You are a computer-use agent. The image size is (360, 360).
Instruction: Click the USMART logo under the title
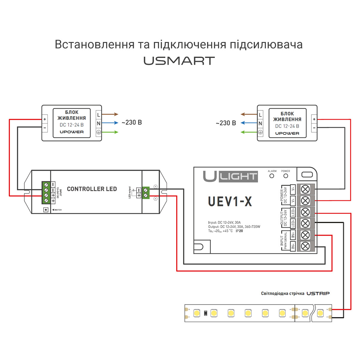tap(179, 61)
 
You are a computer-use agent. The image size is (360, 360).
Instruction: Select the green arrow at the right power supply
tap(249, 132)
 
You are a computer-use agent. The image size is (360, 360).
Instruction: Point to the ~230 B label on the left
tap(132, 122)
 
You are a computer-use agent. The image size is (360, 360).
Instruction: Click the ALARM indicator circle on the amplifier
tap(272, 176)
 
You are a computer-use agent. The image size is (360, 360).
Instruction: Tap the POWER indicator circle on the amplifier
tap(286, 176)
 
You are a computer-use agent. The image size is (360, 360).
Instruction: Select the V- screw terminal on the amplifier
tap(305, 189)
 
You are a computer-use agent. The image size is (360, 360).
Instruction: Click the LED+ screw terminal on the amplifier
tap(305, 212)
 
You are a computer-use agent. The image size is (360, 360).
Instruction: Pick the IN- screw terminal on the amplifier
tap(305, 246)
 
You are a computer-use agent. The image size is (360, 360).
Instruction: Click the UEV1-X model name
tap(230, 202)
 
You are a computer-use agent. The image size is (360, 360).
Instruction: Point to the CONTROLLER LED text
tap(92, 189)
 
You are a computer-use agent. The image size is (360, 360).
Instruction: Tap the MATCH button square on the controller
tap(46, 210)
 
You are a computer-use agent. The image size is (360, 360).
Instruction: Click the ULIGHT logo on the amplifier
tap(230, 176)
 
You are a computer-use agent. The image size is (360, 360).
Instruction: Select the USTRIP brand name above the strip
tap(318, 293)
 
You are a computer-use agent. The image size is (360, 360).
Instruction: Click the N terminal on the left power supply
tap(98, 123)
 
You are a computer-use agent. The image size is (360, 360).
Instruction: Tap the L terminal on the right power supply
tap(260, 115)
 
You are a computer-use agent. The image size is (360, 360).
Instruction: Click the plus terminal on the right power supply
tap(314, 119)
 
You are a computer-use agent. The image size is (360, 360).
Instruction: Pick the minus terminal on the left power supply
tap(45, 127)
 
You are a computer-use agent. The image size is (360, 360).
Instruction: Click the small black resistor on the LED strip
tap(205, 313)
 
